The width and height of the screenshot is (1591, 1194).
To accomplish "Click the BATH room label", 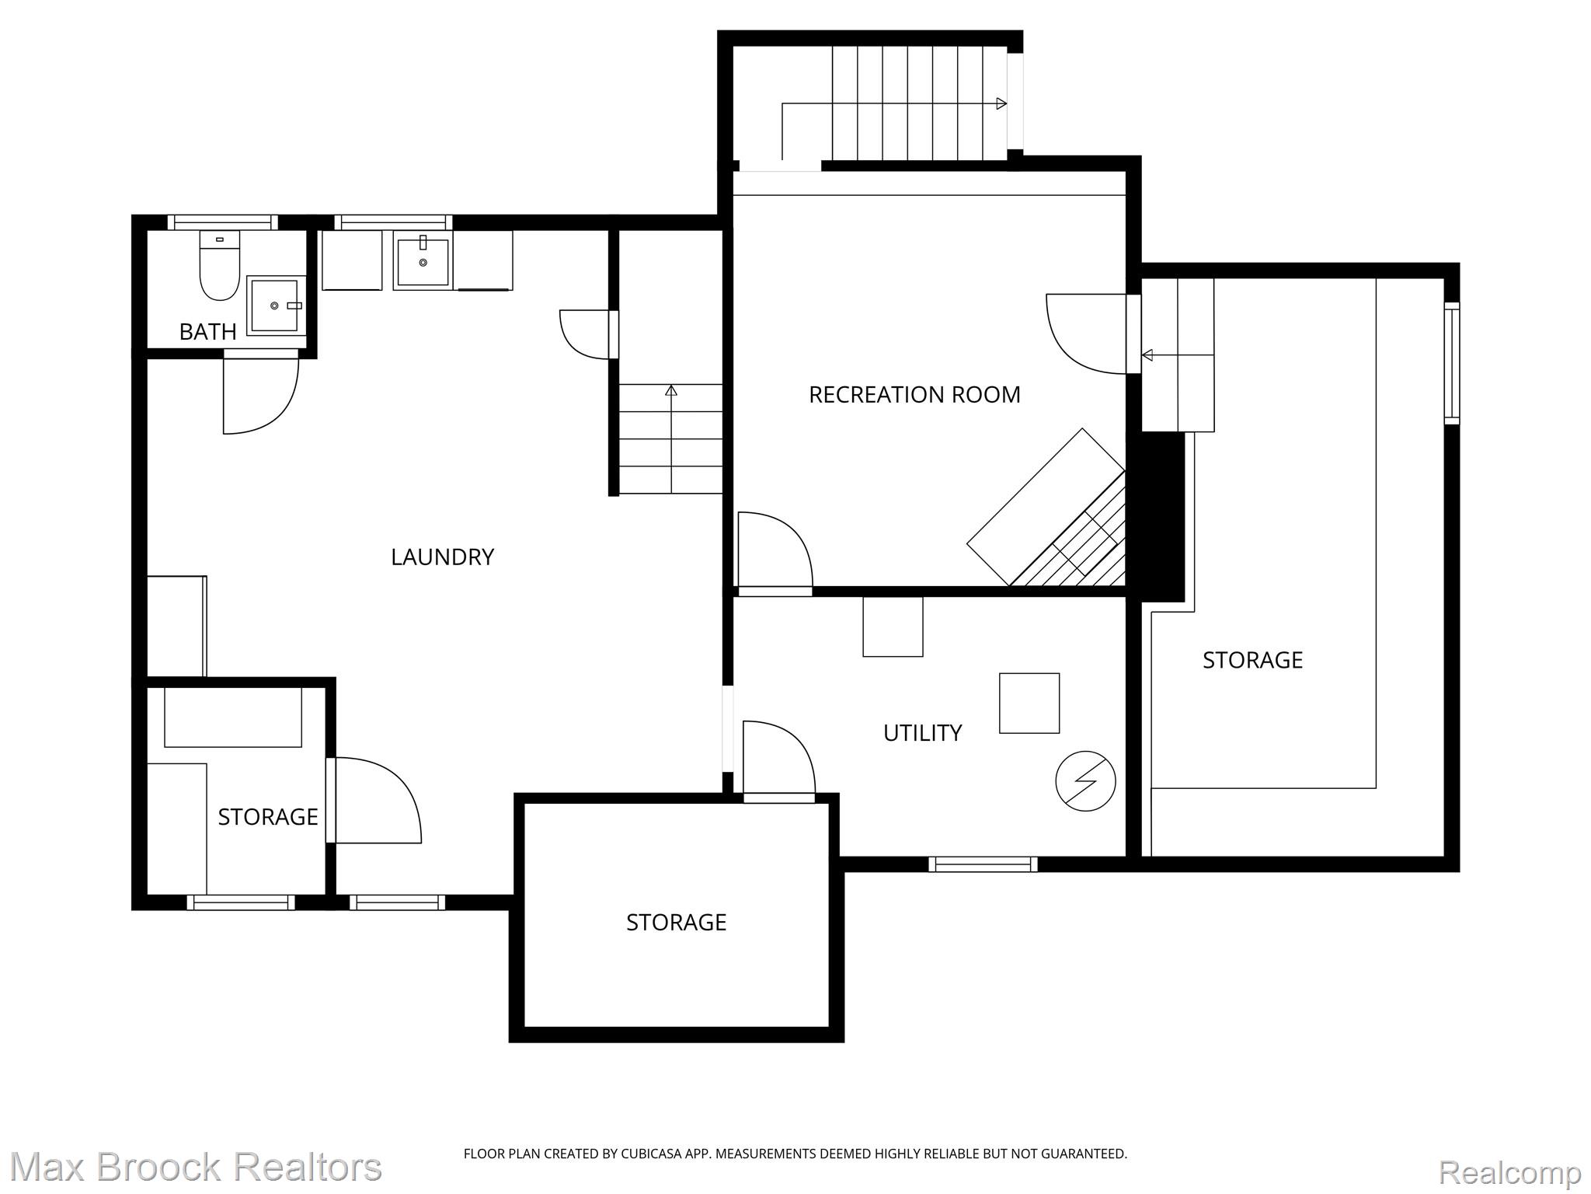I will click(x=207, y=332).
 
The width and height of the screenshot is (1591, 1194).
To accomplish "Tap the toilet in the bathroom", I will click(x=219, y=266).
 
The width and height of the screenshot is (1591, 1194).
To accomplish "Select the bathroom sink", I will click(x=274, y=305).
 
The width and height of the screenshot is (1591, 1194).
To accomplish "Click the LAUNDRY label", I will click(x=442, y=557).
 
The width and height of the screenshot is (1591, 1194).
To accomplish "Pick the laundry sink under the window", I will click(x=423, y=263).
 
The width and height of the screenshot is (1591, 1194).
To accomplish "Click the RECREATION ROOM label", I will click(x=914, y=395).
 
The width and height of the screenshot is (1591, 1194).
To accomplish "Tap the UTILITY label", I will click(x=922, y=733).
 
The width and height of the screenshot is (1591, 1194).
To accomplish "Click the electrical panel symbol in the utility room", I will click(x=1085, y=781).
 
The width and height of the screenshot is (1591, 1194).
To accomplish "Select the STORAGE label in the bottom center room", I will click(x=676, y=923).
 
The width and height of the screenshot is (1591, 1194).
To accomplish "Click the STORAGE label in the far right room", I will click(x=1252, y=660).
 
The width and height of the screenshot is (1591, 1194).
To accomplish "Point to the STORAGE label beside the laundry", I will click(x=267, y=817).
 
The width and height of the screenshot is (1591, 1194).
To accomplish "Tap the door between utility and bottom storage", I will click(x=778, y=762).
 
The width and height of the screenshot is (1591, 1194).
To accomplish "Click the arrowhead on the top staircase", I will click(x=1002, y=103).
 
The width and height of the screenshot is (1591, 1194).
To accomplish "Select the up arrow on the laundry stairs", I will click(x=671, y=390).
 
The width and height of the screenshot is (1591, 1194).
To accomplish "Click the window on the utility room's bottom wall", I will click(x=983, y=864).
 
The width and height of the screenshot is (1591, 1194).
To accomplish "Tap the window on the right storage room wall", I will click(x=1451, y=363).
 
